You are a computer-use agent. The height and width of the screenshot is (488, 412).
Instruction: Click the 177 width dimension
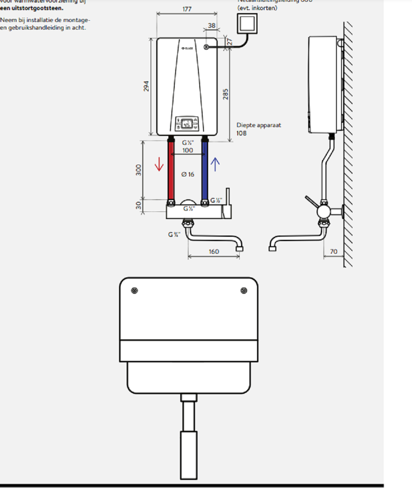[x=187, y=9]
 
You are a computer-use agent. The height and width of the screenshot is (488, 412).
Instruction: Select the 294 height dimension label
[x=146, y=86]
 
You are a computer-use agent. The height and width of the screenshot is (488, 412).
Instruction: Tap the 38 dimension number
[x=211, y=25]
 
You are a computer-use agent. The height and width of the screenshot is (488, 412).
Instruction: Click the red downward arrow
[x=159, y=164]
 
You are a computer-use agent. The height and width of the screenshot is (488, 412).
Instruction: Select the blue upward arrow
[x=215, y=164]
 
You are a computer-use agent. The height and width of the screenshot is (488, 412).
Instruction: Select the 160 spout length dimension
[x=214, y=252]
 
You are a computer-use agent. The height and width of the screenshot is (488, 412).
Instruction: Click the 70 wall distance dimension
[x=333, y=252]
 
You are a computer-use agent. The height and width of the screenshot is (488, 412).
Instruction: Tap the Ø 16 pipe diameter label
[x=188, y=174]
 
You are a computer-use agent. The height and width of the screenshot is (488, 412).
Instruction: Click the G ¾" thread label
[x=174, y=234]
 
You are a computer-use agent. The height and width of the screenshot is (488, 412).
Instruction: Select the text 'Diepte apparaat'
[x=258, y=125]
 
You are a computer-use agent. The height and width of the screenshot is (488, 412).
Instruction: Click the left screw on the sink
[x=134, y=290]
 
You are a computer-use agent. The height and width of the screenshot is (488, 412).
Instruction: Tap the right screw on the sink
[x=244, y=290]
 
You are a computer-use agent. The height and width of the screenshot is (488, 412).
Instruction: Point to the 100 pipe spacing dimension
[x=188, y=150]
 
